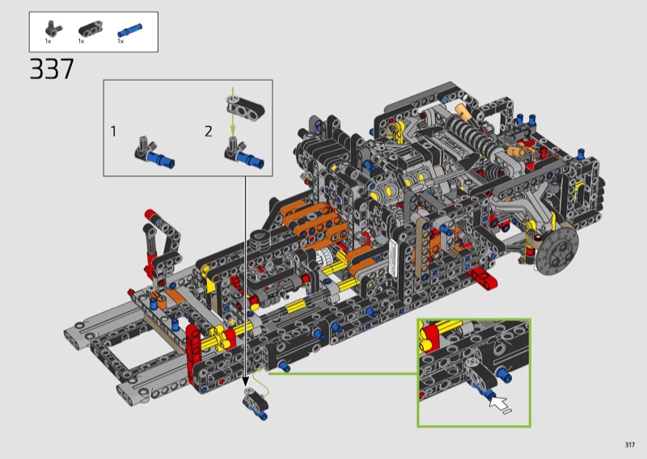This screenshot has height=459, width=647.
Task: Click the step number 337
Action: point(52,69)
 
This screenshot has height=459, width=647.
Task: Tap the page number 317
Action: point(630,444)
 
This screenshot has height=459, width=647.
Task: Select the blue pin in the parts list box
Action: point(130,31)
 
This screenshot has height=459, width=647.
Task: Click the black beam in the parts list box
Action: point(91,29)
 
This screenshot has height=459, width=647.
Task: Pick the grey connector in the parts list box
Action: point(53,29)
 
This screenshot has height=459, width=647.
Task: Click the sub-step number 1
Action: point(113,132)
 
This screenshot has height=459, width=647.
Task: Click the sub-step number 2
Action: point(209,132)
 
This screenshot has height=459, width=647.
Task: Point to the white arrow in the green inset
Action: point(498,402)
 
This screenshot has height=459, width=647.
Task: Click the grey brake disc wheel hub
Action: point(557,251)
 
